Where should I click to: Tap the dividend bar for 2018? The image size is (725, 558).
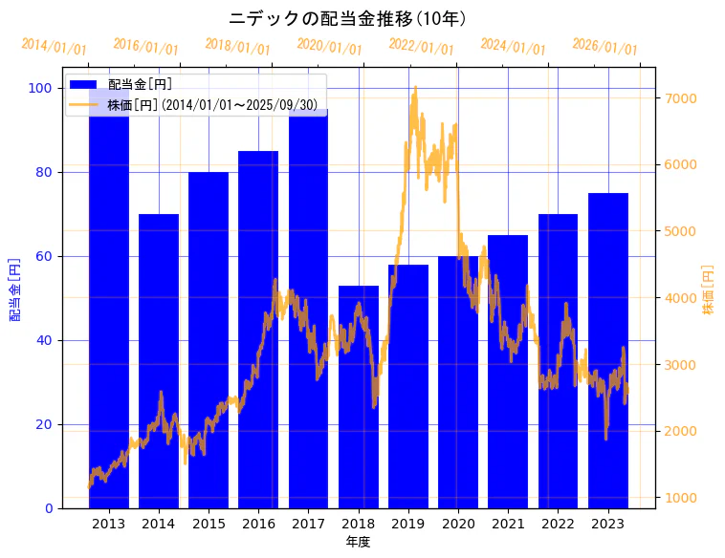(x=359, y=397)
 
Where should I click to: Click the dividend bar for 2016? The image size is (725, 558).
(x=258, y=330)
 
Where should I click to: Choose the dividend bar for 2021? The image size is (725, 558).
(x=508, y=372)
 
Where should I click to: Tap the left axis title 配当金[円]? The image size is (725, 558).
(x=15, y=289)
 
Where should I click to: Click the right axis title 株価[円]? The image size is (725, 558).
(x=709, y=290)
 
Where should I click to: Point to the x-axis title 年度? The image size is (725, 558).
(x=358, y=542)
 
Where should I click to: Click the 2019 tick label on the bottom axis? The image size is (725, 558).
(x=408, y=524)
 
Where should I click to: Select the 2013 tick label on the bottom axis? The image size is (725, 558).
(x=108, y=524)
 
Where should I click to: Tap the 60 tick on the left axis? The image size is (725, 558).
(x=45, y=256)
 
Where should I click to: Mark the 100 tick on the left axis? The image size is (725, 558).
(x=41, y=88)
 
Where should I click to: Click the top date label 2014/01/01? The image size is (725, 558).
(x=55, y=47)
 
